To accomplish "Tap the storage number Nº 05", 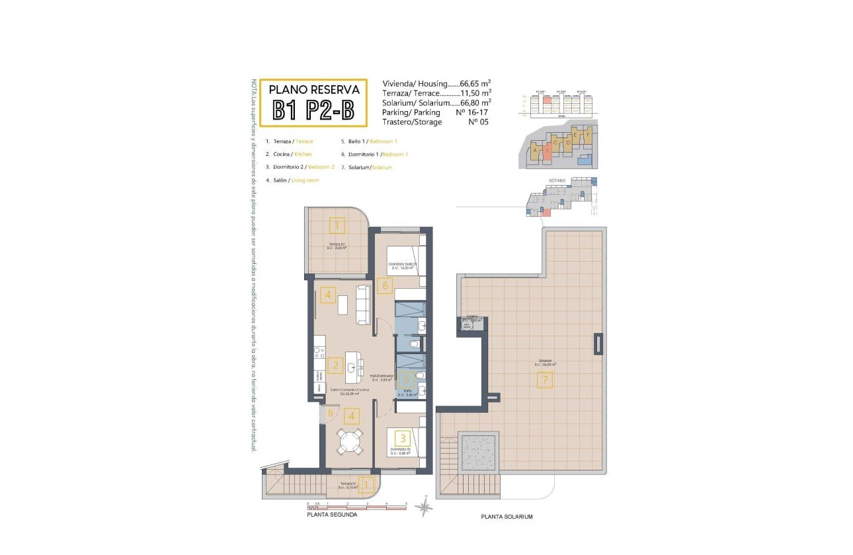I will point(477,122).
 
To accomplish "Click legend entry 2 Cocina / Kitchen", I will point(289,154).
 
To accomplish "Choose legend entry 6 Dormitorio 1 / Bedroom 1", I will point(374,154).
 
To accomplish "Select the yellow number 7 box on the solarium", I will point(545,380).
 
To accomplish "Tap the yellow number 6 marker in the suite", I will point(386,286).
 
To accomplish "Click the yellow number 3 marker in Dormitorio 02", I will point(403,437).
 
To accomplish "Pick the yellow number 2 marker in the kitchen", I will point(336,365).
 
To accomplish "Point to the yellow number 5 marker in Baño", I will point(407,379).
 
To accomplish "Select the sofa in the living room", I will point(362,305).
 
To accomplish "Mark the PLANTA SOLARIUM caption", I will point(507,517).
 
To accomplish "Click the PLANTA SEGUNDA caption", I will point(332,514).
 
